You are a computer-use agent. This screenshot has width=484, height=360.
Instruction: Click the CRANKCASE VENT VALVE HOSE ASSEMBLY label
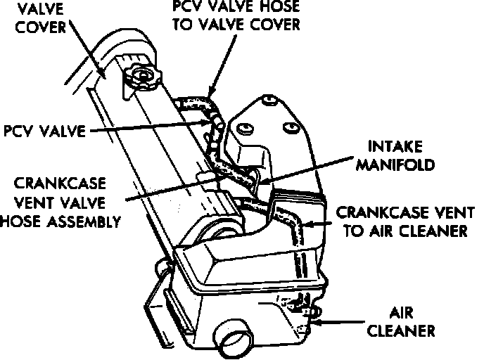point(61,202)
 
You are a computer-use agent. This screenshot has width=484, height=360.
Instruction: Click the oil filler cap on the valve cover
point(144,76)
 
